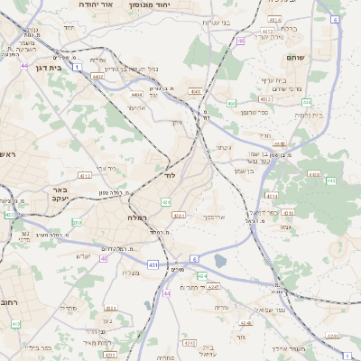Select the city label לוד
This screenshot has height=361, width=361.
(169, 175)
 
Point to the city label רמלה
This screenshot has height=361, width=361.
(137, 218)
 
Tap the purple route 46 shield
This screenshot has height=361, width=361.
(241, 41)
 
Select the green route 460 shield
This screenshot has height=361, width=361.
(232, 104)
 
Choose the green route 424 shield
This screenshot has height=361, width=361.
(203, 275)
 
